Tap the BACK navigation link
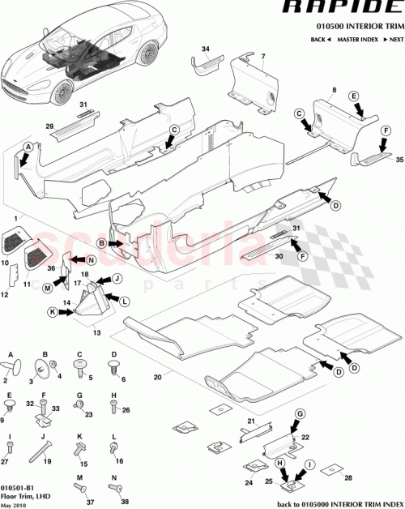point(321,39)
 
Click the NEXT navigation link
point(393,39)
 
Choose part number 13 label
point(98,331)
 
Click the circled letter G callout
point(298,414)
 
